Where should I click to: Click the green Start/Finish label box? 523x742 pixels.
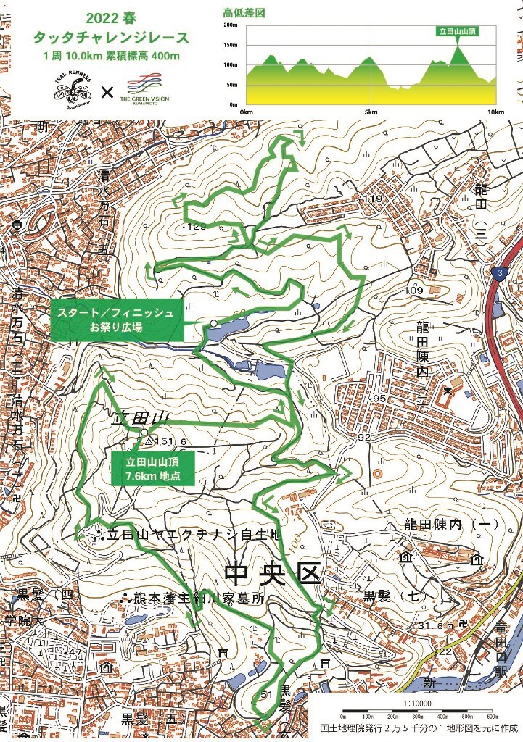tap(116, 320)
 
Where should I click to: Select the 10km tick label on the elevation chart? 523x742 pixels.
tap(495, 112)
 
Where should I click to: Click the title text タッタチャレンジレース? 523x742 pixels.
tap(107, 38)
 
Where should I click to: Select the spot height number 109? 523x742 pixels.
tap(414, 291)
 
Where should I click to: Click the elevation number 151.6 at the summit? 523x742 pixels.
tap(170, 441)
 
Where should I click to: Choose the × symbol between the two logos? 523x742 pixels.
tap(107, 92)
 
